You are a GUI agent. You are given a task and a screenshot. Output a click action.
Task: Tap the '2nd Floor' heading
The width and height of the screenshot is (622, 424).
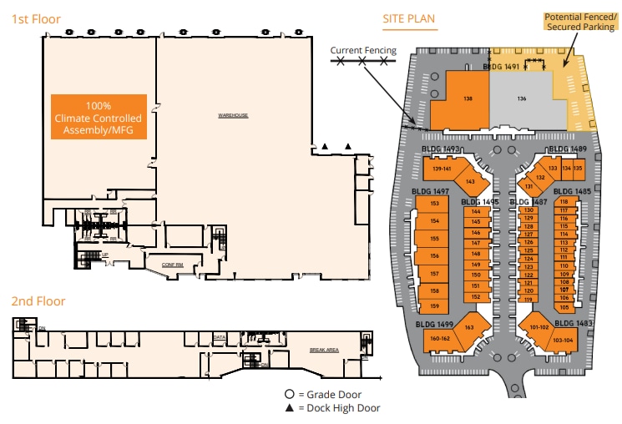click(x=38, y=301)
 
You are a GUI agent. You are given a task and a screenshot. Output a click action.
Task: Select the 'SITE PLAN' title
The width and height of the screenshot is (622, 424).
click(x=408, y=18)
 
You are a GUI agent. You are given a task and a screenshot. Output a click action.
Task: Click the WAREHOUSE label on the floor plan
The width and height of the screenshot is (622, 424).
click(x=233, y=115)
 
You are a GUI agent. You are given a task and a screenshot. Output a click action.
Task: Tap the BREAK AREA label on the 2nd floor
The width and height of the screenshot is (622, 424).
click(x=323, y=350)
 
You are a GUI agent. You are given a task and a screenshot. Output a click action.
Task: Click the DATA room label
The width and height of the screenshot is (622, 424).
click(x=220, y=338)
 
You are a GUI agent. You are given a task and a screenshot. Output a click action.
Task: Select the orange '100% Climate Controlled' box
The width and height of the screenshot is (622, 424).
click(x=99, y=118)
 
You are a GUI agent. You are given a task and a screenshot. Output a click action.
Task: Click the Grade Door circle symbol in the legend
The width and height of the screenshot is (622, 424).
click(x=289, y=394)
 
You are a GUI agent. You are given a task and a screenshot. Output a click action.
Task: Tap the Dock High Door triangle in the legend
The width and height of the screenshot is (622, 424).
click(x=289, y=408)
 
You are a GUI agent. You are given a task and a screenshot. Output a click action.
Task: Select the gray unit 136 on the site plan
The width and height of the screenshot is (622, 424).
click(x=522, y=98)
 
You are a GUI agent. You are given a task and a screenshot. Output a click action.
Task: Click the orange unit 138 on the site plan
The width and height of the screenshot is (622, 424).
click(x=468, y=98)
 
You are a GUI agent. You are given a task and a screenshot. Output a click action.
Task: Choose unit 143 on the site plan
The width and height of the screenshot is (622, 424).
click(x=470, y=181)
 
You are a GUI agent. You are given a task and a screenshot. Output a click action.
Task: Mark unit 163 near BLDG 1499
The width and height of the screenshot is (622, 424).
click(x=469, y=327)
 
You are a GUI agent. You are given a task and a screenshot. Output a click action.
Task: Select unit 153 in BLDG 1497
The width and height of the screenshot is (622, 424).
click(x=434, y=204)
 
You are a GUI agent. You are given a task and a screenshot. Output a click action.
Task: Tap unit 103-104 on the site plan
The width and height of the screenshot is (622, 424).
click(x=564, y=341)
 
